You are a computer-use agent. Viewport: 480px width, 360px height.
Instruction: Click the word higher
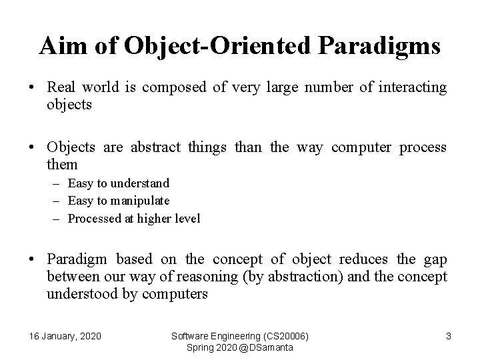[154, 218]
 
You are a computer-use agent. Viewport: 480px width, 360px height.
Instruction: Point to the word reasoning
[192, 276]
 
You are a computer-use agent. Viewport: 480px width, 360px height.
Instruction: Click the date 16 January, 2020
[66, 336]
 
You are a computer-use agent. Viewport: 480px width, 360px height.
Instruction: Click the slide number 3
[448, 336]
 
